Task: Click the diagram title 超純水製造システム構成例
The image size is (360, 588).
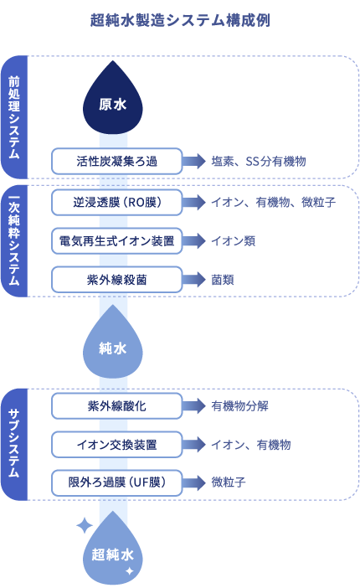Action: point(180,20)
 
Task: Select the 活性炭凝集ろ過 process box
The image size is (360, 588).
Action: point(116,162)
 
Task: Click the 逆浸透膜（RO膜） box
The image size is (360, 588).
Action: point(116,203)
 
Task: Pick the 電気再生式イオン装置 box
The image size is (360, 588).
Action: point(116,241)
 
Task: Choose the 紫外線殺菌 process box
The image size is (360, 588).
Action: point(116,280)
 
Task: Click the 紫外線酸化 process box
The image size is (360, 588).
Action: point(116,406)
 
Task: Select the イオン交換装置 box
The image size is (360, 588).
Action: point(116,445)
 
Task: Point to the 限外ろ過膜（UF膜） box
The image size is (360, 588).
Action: point(116,482)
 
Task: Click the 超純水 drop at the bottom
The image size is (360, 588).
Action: point(112,551)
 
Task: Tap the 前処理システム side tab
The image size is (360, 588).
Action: point(14,117)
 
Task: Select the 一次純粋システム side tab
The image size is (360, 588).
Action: point(14,241)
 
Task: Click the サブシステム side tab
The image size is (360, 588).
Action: point(14,445)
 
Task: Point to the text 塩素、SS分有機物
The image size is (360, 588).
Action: point(259,162)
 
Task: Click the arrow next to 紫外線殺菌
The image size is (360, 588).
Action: point(194,280)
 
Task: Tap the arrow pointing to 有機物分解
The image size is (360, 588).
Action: point(194,406)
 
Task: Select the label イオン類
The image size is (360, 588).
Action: point(234,241)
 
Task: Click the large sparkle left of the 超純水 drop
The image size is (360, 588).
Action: point(85,526)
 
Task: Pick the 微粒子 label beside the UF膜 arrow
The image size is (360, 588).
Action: point(229,482)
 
